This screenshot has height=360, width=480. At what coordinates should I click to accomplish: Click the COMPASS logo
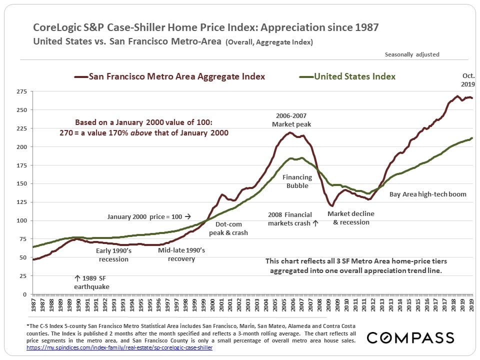(410, 338)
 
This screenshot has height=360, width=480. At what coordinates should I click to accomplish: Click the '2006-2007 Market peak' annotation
(291, 120)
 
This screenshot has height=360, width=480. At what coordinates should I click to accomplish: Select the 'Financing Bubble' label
(297, 181)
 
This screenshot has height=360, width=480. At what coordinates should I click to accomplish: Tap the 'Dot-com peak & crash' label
(228, 228)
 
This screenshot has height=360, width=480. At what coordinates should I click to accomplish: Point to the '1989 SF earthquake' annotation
(92, 282)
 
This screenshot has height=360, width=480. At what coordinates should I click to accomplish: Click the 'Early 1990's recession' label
(112, 255)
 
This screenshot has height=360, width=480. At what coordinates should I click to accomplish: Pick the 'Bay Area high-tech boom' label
(427, 194)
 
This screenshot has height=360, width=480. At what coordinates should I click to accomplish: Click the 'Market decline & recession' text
(351, 218)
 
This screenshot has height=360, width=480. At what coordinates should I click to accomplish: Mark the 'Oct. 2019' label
(468, 80)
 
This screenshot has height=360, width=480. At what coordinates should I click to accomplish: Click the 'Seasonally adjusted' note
(412, 54)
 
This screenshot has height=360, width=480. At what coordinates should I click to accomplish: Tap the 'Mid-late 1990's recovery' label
(181, 254)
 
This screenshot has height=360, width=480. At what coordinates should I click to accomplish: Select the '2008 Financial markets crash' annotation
(293, 219)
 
